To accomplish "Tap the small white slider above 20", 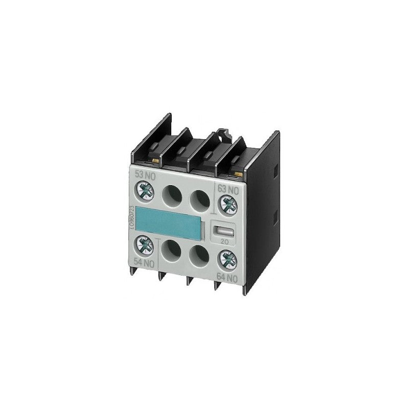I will pos(226,231).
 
